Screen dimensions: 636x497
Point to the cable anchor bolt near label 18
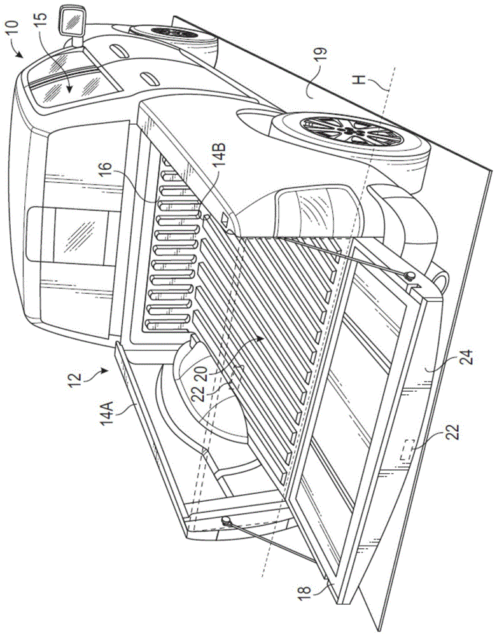[x=227, y=520]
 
